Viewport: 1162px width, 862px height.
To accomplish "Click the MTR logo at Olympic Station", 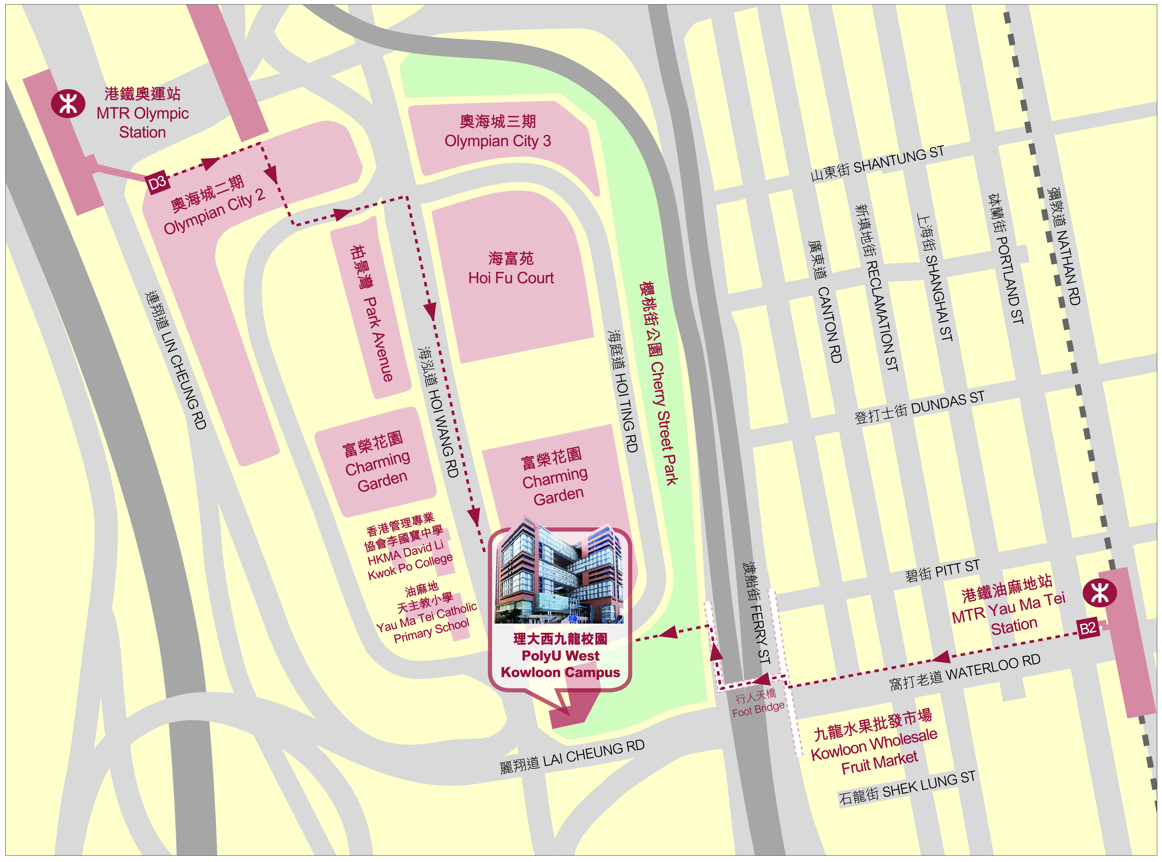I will (x=68, y=103).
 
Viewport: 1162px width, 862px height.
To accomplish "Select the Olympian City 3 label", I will (x=497, y=131).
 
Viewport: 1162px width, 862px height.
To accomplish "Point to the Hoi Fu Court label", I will (x=511, y=268).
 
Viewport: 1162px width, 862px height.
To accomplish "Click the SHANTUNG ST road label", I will (x=877, y=163).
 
